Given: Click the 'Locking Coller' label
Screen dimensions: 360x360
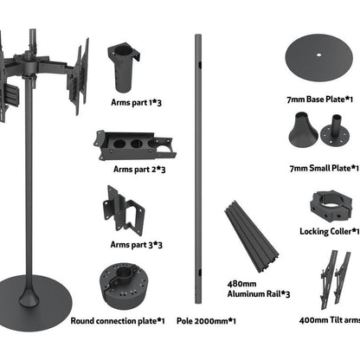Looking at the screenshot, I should point(327,232).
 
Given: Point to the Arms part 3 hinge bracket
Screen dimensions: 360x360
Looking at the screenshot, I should point(122,210).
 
